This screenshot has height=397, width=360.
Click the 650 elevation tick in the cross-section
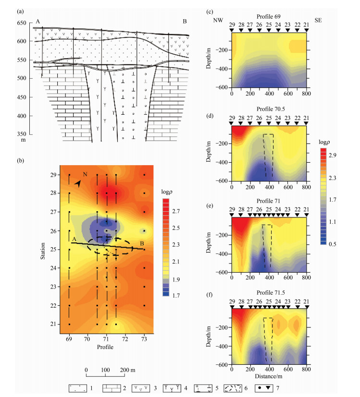(22, 23)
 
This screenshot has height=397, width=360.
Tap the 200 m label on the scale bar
(127, 370)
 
